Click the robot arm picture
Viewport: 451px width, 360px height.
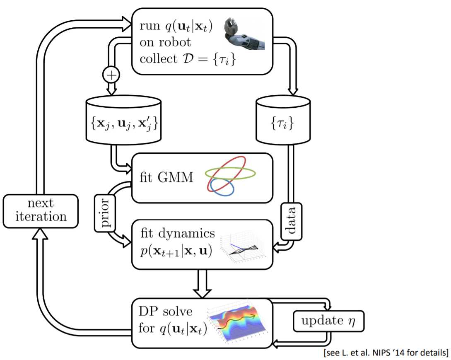tap(244, 33)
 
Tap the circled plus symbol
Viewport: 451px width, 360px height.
tap(111, 75)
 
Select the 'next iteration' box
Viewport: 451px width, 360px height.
tap(41, 211)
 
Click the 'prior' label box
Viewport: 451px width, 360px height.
tap(105, 213)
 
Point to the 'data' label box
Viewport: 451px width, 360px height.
tap(292, 221)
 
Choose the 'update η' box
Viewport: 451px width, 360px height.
tap(328, 321)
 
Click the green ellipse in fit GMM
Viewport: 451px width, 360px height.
tap(230, 173)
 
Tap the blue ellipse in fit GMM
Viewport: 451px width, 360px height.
tap(222, 187)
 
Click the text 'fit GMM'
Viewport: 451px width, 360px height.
tap(166, 177)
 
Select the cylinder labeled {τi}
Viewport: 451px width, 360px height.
tap(283, 120)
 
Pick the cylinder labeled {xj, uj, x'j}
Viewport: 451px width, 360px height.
tap(123, 120)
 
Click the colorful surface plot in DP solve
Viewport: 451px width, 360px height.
tap(239, 323)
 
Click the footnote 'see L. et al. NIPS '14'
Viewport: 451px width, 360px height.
tap(386, 353)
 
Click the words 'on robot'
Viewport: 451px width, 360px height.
tap(165, 42)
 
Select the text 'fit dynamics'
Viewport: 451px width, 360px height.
tap(178, 233)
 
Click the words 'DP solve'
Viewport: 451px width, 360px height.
tap(165, 311)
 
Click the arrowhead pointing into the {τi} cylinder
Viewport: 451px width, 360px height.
tap(292, 91)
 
